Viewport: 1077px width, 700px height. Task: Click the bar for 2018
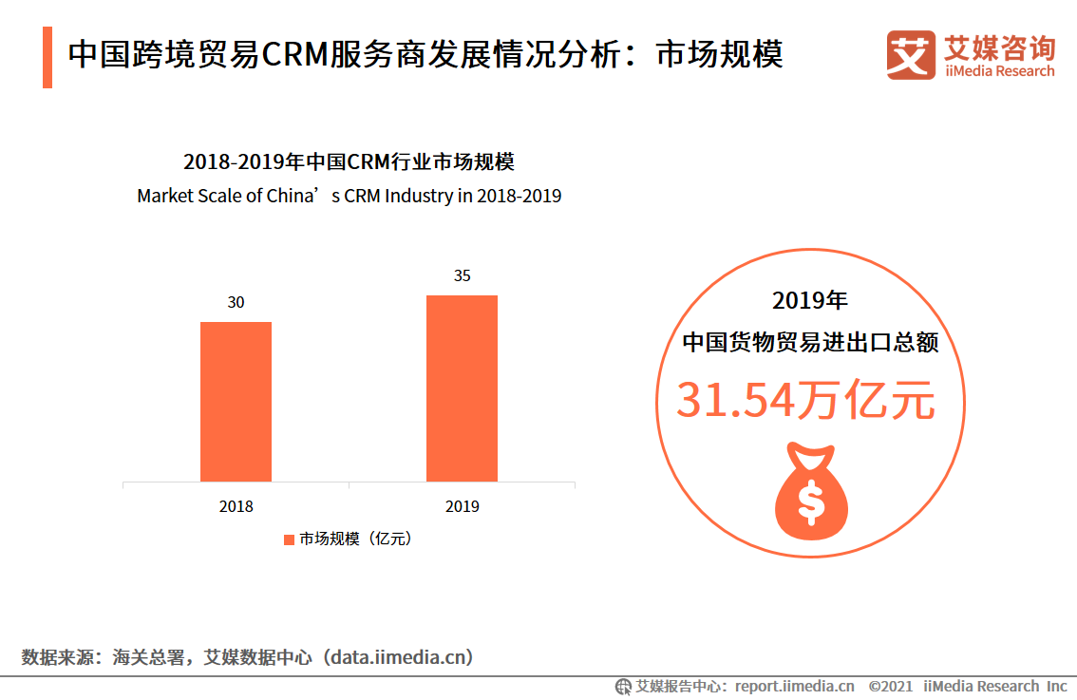tap(236, 402)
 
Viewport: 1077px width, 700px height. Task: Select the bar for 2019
tap(462, 388)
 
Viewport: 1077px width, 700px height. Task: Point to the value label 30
tap(236, 303)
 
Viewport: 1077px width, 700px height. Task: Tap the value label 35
tap(462, 276)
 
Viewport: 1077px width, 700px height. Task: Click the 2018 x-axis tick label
tap(236, 507)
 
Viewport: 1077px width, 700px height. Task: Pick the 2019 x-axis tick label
tap(462, 507)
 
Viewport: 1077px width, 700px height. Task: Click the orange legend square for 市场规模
tap(289, 539)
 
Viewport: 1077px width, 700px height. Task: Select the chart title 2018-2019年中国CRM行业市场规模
tap(349, 161)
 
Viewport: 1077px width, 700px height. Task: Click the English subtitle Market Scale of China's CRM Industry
tap(349, 197)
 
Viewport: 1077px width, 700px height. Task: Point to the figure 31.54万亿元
tap(805, 401)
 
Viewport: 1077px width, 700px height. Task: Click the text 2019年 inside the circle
tap(809, 302)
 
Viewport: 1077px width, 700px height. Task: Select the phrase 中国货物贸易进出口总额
tap(810, 342)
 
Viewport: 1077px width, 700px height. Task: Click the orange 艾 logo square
tap(910, 55)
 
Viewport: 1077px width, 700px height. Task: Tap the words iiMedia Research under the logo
tap(999, 71)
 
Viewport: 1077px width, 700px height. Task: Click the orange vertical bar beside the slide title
tap(47, 57)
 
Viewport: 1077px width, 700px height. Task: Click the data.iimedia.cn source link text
tap(399, 657)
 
